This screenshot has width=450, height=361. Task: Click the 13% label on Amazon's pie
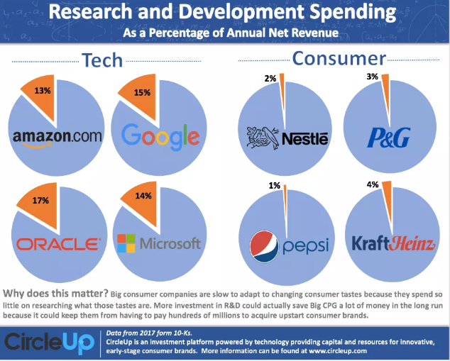42,90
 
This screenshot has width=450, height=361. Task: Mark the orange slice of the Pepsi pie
285,190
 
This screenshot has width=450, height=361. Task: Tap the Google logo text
161,135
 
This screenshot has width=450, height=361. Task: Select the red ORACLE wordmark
58,244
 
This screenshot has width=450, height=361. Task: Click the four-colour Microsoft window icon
126,243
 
